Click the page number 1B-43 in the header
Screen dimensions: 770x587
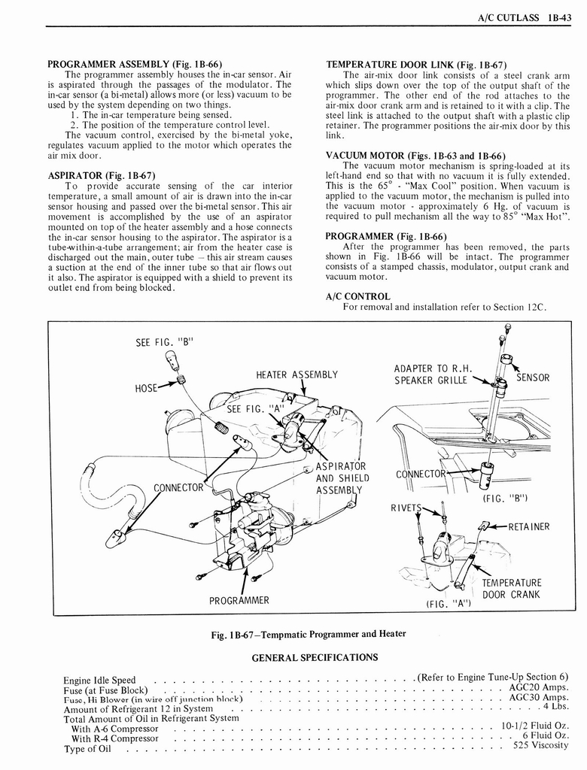tap(558, 17)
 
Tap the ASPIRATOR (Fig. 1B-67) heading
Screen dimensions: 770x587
tap(102, 176)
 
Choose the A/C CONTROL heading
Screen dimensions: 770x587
tap(357, 296)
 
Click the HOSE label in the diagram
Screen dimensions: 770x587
tap(148, 388)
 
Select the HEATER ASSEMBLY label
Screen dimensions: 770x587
tap(297, 374)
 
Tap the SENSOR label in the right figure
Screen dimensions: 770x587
tap(532, 377)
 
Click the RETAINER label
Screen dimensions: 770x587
tap(529, 526)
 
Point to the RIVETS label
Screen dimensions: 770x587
tap(406, 507)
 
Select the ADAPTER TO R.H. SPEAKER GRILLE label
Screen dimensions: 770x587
tap(433, 374)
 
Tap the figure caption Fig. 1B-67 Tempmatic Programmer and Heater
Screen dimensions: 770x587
tap(309, 633)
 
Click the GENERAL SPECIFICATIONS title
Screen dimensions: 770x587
tap(314, 657)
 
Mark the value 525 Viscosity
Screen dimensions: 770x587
tap(541, 746)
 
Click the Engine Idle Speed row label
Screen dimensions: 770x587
tap(99, 681)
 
